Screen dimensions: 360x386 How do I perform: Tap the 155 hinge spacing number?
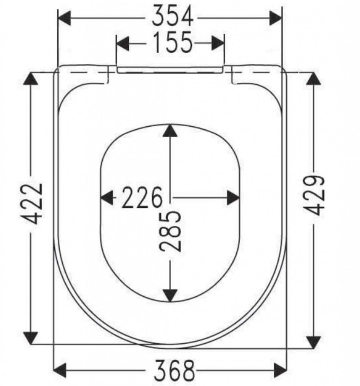click(172, 42)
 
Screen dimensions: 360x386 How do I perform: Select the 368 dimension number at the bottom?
click(174, 371)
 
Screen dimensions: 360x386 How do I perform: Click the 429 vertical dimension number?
click(314, 196)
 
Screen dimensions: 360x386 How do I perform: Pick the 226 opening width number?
click(142, 198)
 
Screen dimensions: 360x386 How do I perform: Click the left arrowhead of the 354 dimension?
click(64, 18)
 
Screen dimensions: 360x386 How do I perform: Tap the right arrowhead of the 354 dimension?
click(275, 18)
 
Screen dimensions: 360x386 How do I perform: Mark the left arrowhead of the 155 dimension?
click(123, 44)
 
